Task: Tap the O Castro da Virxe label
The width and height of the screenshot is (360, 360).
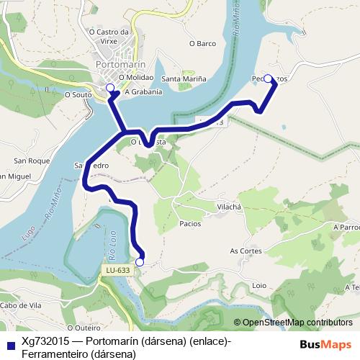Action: [x=108, y=36]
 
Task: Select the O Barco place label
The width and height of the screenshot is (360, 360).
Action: [x=202, y=43]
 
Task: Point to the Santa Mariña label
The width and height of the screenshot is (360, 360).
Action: [x=184, y=78]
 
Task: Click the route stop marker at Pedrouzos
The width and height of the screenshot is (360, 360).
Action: [x=268, y=78]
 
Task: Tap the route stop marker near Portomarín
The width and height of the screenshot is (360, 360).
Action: [x=110, y=88]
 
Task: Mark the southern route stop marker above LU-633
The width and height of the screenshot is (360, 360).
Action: [x=140, y=262]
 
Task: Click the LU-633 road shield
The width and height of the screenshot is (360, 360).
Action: [x=117, y=271]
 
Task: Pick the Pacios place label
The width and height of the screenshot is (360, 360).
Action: [x=190, y=224]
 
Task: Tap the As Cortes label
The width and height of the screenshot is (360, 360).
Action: [x=246, y=251]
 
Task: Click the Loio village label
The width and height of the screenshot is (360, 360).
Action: [x=260, y=285]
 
